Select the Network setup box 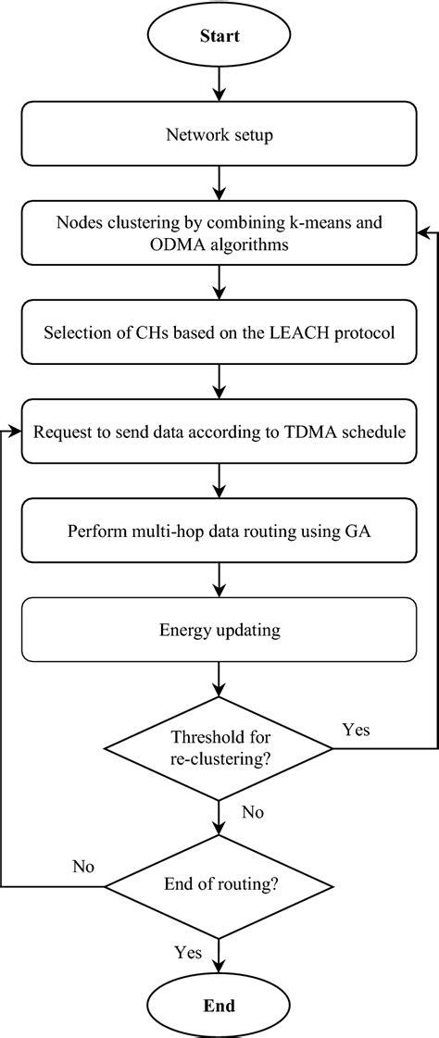point(219,134)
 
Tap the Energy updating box point(219,632)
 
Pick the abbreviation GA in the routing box point(359,532)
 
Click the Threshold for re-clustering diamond point(219,747)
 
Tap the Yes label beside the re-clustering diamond point(356,731)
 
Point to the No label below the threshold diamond point(252,812)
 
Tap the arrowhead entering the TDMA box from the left point(16,431)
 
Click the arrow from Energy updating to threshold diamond point(219,682)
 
